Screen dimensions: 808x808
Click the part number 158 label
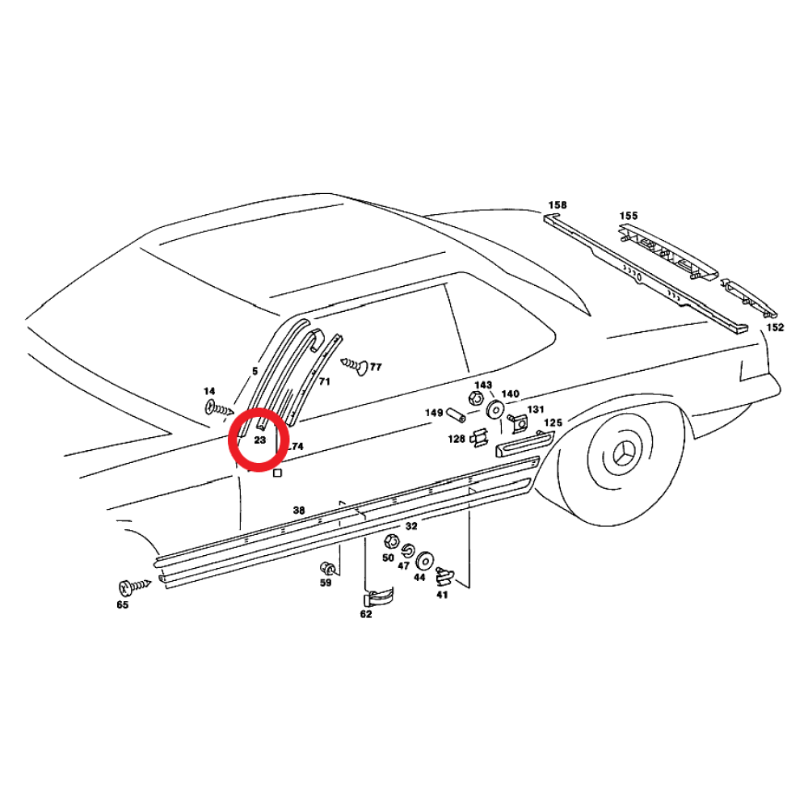tap(557, 205)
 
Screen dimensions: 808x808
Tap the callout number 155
tap(628, 216)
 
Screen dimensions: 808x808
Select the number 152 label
tap(775, 327)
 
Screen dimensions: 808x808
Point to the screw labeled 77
tap(355, 364)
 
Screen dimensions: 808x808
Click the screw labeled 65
tap(134, 586)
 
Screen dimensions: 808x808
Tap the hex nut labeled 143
tap(474, 398)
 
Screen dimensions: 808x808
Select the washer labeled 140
tap(496, 410)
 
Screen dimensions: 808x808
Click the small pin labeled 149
tap(455, 414)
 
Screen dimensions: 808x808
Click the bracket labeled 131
tap(519, 423)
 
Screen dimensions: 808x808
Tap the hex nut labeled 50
tap(390, 541)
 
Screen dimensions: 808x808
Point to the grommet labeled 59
tap(327, 569)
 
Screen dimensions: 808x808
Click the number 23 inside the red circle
tap(259, 440)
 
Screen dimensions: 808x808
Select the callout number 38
tap(299, 510)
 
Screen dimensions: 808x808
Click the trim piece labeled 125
tap(524, 444)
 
